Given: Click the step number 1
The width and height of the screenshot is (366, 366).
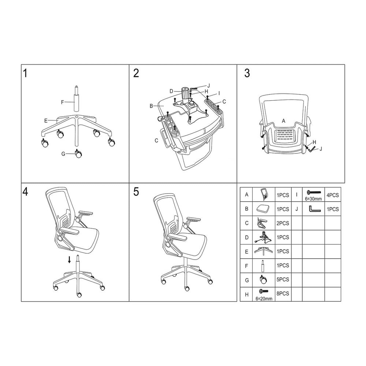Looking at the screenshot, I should coord(25,73).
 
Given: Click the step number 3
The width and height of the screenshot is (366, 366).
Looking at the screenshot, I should coord(247,73).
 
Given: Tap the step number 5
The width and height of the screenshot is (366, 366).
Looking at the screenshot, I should coord(136,192).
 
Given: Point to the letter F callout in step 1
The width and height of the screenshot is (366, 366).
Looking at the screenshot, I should coord(62,102).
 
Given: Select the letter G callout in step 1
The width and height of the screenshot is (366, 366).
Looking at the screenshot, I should coord(63,154).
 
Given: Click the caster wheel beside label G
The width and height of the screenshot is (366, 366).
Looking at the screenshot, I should coord(78,154).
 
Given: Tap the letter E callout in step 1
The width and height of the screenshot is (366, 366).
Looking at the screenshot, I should coord(46,120).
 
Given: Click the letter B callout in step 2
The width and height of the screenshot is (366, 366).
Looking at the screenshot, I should coord(151,106).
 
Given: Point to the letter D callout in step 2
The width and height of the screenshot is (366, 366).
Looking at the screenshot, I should coord(171,91).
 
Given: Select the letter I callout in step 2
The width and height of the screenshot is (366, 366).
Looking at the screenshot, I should coord(218,93).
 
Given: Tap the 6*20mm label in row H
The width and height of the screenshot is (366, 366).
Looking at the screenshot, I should coord(264,299).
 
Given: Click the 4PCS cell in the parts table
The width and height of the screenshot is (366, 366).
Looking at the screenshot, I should coord(332,195).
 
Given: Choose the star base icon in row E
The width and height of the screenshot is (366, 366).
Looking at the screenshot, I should coord(264,251).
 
